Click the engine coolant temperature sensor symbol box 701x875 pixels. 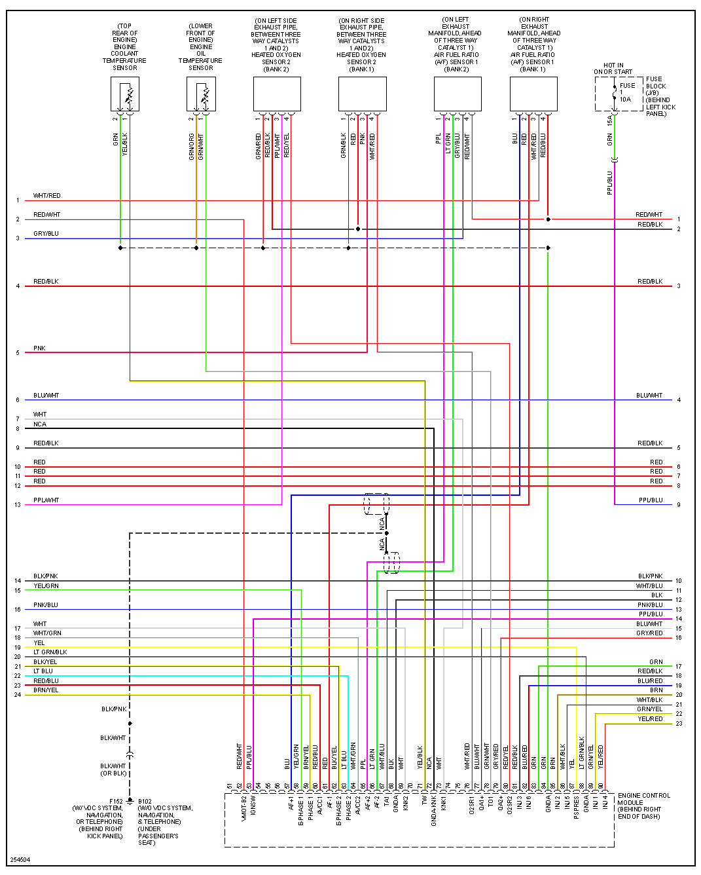(125, 94)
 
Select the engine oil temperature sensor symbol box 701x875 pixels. (201, 94)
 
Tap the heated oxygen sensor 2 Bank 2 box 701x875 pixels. (277, 94)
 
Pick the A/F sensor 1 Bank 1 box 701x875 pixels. (533, 94)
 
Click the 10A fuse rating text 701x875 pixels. (626, 100)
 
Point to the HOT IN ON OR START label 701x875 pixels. (613, 69)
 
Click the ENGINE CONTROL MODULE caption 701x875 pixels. (644, 806)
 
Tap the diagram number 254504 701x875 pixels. (20, 860)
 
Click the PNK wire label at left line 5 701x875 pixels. (39, 348)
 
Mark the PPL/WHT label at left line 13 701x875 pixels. (46, 500)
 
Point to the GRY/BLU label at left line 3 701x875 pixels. (46, 234)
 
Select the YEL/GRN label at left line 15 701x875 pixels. (46, 586)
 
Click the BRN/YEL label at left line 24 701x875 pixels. (46, 690)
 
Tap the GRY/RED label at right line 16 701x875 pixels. (649, 633)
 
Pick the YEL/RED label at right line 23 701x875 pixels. (650, 719)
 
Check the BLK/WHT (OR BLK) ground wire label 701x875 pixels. (113, 770)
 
